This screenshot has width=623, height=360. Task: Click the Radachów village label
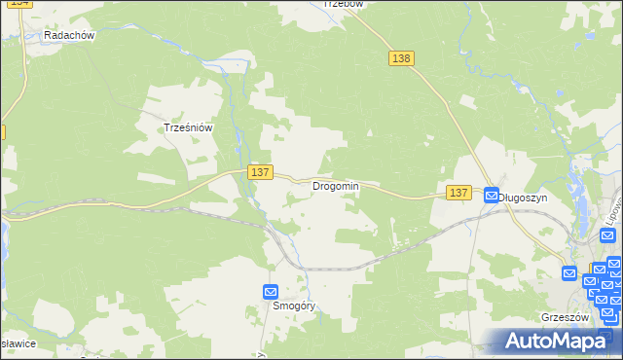68,35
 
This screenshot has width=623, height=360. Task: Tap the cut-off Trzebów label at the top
342,4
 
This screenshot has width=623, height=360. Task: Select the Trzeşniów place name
188,126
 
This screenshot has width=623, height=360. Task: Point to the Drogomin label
335,186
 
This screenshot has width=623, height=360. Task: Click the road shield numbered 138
401,58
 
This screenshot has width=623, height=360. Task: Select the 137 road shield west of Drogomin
259,171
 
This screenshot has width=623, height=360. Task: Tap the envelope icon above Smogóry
271,291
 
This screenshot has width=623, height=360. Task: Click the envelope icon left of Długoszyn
492,196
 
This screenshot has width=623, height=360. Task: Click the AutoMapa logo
558,341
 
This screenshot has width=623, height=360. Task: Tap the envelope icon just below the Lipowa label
614,264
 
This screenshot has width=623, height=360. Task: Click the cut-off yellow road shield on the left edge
2,131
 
